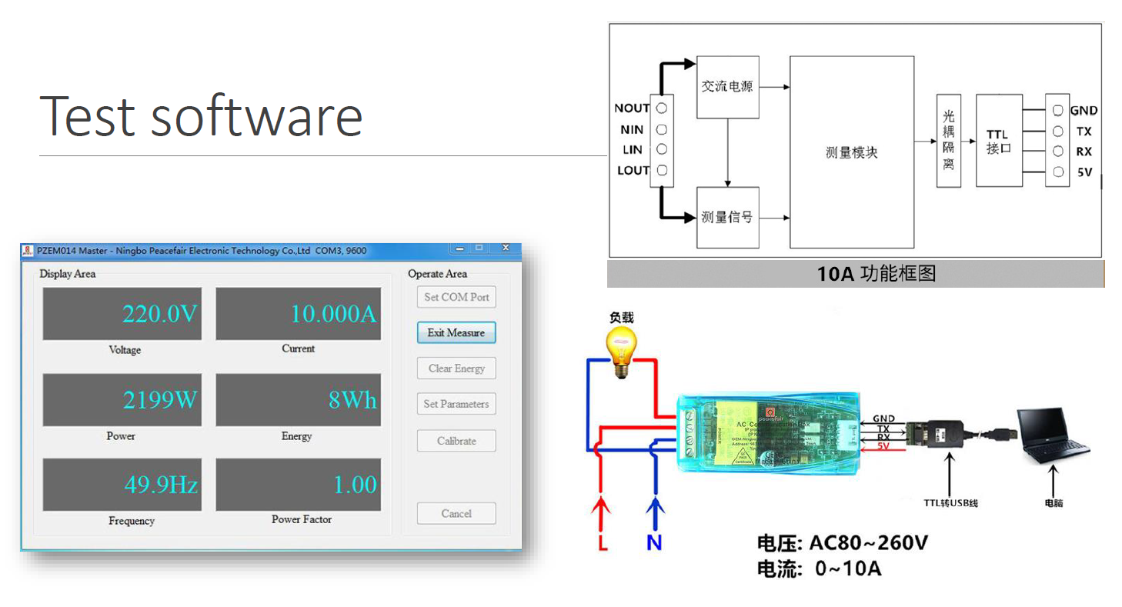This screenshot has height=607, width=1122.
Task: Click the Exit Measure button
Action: [456, 332]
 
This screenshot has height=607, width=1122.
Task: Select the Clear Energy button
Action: [456, 369]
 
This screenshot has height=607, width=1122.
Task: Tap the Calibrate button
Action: [456, 441]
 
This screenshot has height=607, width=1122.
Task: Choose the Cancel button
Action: [456, 513]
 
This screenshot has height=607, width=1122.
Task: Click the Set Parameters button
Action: [456, 404]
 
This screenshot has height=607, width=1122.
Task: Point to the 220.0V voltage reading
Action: [160, 314]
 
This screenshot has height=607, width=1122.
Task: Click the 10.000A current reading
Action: [333, 314]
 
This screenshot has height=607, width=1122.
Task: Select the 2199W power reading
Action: [160, 400]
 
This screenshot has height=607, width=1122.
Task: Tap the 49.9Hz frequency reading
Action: [161, 485]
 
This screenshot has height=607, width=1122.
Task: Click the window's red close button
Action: [506, 248]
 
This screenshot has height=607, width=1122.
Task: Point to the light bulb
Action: [622, 350]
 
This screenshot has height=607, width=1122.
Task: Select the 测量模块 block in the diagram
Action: [852, 152]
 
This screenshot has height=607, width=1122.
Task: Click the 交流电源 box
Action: [727, 87]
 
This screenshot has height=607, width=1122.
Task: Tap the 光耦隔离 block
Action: [948, 141]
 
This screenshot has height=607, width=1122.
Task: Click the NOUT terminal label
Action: [632, 108]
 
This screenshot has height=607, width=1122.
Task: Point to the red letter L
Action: [603, 543]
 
